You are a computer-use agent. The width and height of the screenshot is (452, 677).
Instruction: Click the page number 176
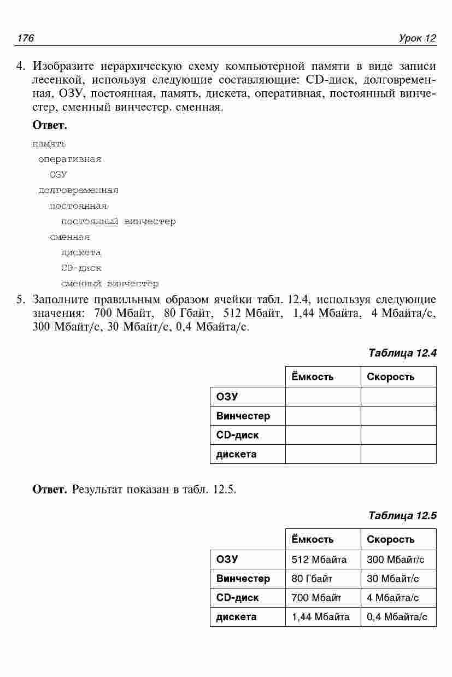pyautogui.click(x=26, y=38)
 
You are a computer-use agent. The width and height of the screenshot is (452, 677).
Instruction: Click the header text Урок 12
pyautogui.click(x=418, y=38)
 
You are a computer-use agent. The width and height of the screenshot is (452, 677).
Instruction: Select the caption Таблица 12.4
pyautogui.click(x=402, y=352)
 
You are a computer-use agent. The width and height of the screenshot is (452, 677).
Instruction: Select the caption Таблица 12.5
pyautogui.click(x=402, y=515)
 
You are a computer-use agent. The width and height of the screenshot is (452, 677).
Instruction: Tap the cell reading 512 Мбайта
pyautogui.click(x=319, y=559)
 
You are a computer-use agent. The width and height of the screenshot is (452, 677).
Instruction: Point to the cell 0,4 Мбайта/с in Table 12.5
pyautogui.click(x=397, y=617)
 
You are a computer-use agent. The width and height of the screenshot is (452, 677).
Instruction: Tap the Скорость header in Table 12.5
pyautogui.click(x=390, y=539)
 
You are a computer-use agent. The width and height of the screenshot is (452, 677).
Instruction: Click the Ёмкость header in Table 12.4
pyautogui.click(x=312, y=377)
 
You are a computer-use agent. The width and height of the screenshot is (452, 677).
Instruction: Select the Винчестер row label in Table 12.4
pyautogui.click(x=243, y=416)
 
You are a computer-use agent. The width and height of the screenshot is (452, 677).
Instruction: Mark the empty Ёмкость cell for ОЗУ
pyautogui.click(x=322, y=397)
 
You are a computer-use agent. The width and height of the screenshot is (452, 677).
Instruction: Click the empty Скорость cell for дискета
pyautogui.click(x=398, y=454)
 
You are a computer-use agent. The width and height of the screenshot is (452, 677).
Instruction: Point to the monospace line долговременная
pyautogui.click(x=78, y=191)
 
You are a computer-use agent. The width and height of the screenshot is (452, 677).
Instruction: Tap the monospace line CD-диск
pyautogui.click(x=81, y=268)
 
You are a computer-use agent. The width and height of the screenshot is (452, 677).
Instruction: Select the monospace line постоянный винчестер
pyautogui.click(x=119, y=222)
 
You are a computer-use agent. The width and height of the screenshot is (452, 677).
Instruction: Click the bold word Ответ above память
pyautogui.click(x=50, y=126)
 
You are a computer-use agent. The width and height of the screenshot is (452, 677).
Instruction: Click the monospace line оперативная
pyautogui.click(x=70, y=160)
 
